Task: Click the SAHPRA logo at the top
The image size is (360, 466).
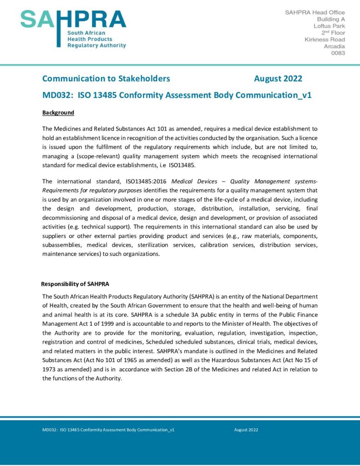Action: [73, 28]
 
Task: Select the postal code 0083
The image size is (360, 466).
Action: [337, 53]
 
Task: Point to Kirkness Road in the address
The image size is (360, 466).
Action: [325, 40]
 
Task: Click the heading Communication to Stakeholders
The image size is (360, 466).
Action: [106, 79]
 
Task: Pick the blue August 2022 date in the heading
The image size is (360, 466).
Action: [278, 79]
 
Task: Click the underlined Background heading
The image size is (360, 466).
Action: [58, 112]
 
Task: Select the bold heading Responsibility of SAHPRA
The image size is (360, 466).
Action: [75, 284]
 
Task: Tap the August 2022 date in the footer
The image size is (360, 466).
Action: [246, 430]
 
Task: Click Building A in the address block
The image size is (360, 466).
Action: [331, 19]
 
